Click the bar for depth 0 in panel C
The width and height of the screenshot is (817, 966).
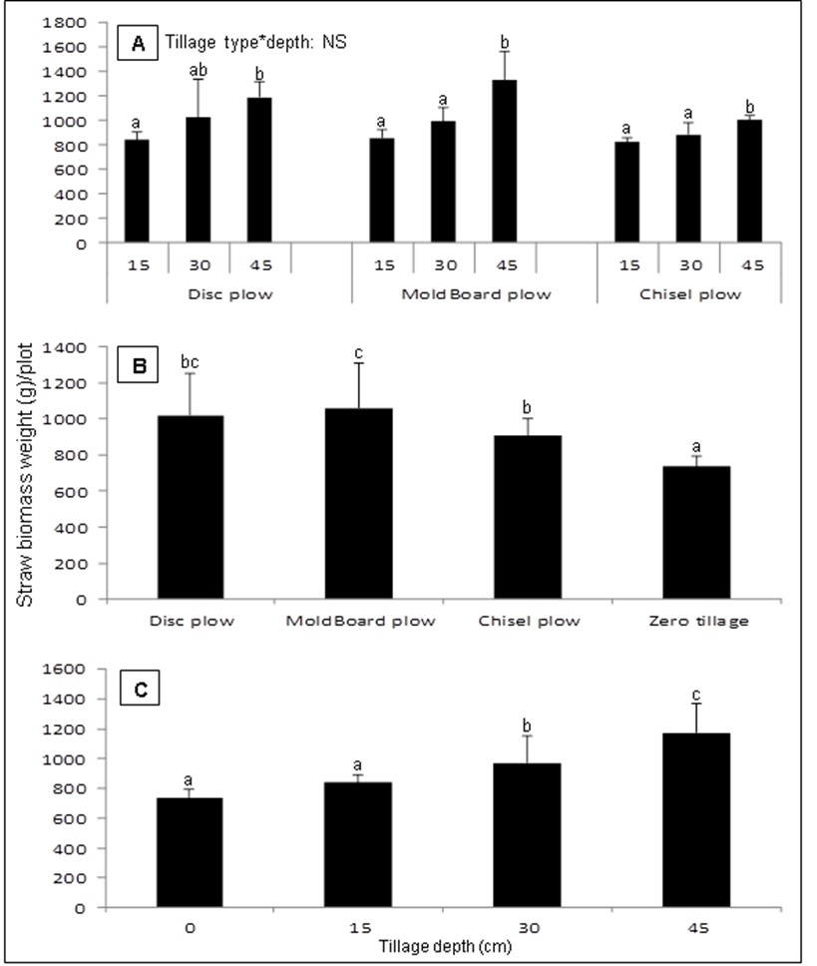pyautogui.click(x=189, y=853)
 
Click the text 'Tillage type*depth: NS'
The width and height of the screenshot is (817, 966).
pyautogui.click(x=254, y=42)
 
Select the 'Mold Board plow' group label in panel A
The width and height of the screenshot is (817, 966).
pyautogui.click(x=473, y=297)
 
